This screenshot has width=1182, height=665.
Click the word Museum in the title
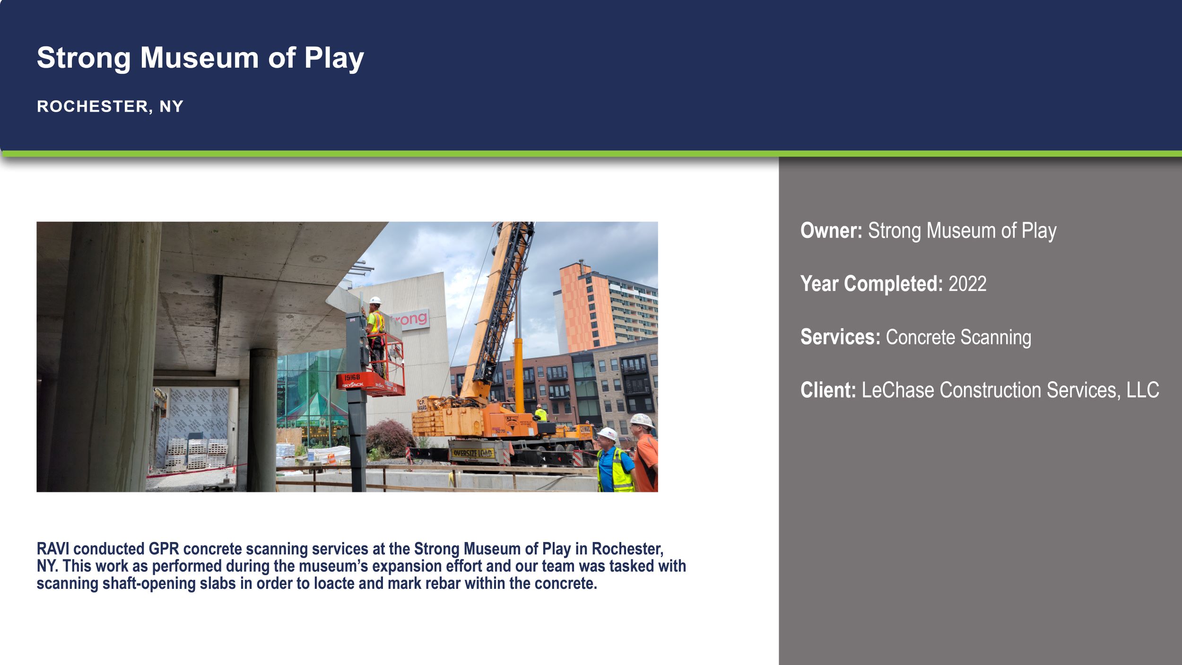[199, 58]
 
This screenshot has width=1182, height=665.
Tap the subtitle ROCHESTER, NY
[110, 106]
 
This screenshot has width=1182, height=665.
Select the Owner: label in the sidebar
[831, 231]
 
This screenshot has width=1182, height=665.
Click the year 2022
[967, 284]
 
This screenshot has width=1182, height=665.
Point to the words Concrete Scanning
[958, 337]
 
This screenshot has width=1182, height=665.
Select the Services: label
[840, 337]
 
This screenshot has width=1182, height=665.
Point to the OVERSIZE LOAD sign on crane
[472, 454]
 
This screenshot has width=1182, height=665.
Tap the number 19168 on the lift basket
[352, 377]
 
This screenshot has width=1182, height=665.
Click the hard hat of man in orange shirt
[642, 420]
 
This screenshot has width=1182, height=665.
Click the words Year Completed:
[871, 284]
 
